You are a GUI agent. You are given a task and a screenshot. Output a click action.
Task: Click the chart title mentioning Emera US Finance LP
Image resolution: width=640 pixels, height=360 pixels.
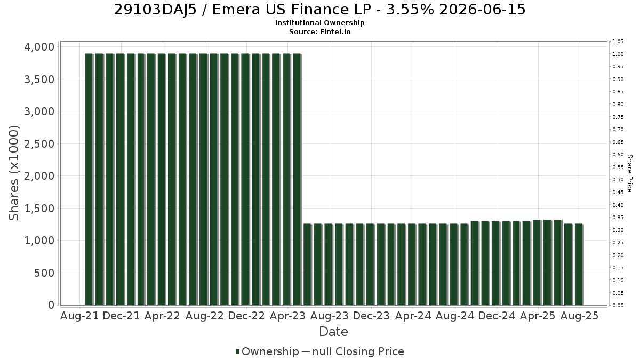pos(319,10)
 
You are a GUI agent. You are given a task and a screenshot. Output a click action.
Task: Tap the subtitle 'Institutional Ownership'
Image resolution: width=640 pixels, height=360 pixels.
pos(319,23)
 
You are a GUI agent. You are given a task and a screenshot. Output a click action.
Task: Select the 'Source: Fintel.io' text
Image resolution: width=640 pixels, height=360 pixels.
pos(319,31)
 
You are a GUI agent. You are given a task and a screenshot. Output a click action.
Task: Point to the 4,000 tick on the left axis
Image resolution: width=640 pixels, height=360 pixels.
pos(39,47)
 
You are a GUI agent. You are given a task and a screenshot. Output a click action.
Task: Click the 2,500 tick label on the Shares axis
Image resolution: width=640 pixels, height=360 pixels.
pos(39,143)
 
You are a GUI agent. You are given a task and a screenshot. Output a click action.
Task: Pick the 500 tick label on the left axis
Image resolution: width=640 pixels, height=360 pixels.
pos(44,273)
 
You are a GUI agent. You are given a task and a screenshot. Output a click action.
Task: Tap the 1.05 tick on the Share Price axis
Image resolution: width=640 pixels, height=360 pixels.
pos(618,42)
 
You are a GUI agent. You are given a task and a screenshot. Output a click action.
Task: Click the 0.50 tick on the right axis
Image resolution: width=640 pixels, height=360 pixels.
pos(618,180)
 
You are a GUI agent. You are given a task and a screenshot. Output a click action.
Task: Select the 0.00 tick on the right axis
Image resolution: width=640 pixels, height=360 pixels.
pos(618,306)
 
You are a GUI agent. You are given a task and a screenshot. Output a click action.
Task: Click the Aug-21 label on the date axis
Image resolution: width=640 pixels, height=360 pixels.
pos(79,316)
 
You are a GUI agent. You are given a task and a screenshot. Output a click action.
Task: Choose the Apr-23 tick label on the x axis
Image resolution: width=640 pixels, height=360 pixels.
pos(287,316)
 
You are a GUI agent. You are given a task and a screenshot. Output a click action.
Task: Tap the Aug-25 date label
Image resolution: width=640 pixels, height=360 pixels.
pos(579,316)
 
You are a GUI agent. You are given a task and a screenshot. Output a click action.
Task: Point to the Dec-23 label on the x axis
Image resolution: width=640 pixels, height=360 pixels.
pos(371,316)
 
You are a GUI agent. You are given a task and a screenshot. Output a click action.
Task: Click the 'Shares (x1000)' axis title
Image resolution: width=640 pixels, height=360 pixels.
pos(14,173)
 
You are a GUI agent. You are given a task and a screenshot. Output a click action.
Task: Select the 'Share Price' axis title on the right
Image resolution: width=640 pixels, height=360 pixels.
pos(630,173)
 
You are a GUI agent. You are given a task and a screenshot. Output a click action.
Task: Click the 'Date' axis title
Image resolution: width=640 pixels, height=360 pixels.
pos(333,332)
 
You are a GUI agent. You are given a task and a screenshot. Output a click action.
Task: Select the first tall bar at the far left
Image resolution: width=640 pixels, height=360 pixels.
pos(89,179)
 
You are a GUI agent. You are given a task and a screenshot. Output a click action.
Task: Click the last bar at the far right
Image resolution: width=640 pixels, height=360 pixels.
pos(579,265)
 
